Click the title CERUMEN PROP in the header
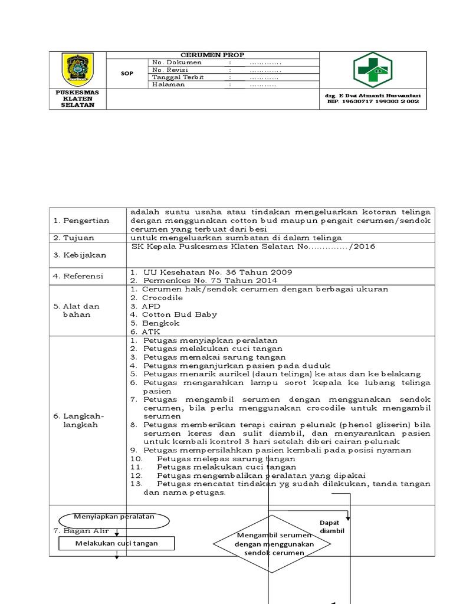click(x=212, y=54)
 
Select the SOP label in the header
click(x=127, y=74)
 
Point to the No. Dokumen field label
click(x=176, y=62)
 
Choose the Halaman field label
click(x=169, y=84)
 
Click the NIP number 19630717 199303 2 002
click(x=373, y=101)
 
